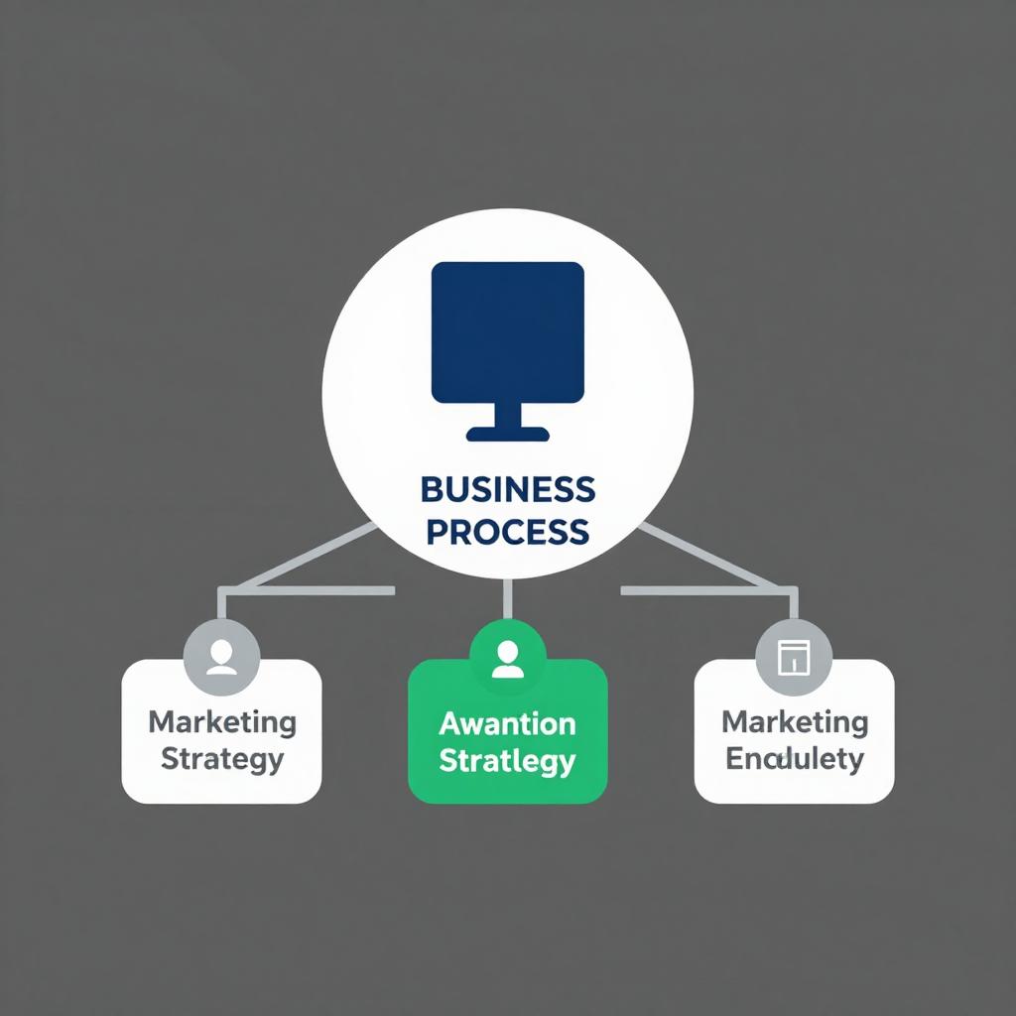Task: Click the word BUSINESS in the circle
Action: tap(507, 489)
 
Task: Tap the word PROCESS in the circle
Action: tap(507, 532)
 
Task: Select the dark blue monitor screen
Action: tap(507, 331)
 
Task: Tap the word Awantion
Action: tap(507, 723)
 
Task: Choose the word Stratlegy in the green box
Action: tap(507, 761)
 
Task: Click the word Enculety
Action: tap(795, 760)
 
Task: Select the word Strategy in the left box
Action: tap(222, 760)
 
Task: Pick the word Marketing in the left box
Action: tap(222, 721)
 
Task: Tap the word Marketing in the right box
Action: tap(795, 721)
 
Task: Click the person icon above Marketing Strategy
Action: tap(221, 658)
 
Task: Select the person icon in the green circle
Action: tap(507, 658)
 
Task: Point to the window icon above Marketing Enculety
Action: tap(794, 657)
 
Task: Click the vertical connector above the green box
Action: tap(507, 598)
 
